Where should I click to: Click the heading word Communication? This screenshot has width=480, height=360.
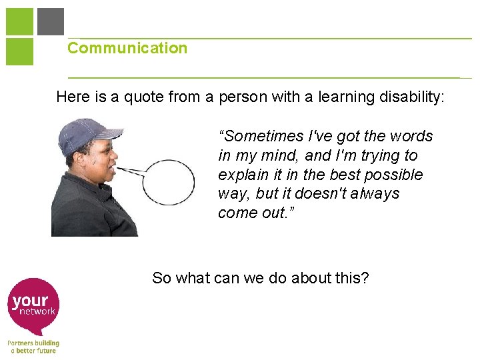(x=127, y=48)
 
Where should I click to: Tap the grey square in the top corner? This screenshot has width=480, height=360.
(x=51, y=21)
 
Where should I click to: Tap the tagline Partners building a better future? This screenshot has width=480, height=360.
(x=33, y=347)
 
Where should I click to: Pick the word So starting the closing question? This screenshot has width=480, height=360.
(x=161, y=278)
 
